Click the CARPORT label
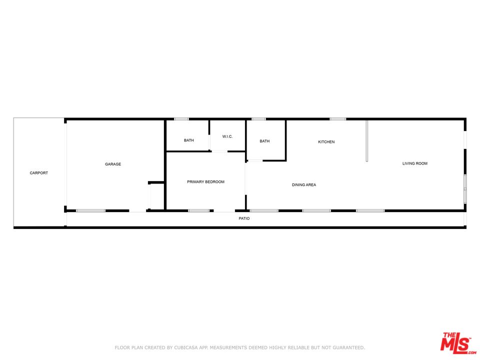[x=38, y=173]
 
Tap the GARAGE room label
[x=113, y=164]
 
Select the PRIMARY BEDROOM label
[x=205, y=181]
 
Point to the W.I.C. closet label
[x=227, y=136]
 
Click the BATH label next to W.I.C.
[x=188, y=140]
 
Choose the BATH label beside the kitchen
[x=264, y=141]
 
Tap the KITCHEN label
[x=326, y=142]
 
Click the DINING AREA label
[x=304, y=185]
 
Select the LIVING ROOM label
[x=415, y=163]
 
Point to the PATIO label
[x=244, y=218]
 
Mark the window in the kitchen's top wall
[x=337, y=119]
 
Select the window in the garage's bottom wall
[x=90, y=210]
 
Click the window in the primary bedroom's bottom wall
[x=198, y=210]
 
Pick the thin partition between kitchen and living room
[x=367, y=140]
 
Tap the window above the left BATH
[x=181, y=119]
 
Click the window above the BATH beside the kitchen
[x=258, y=119]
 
